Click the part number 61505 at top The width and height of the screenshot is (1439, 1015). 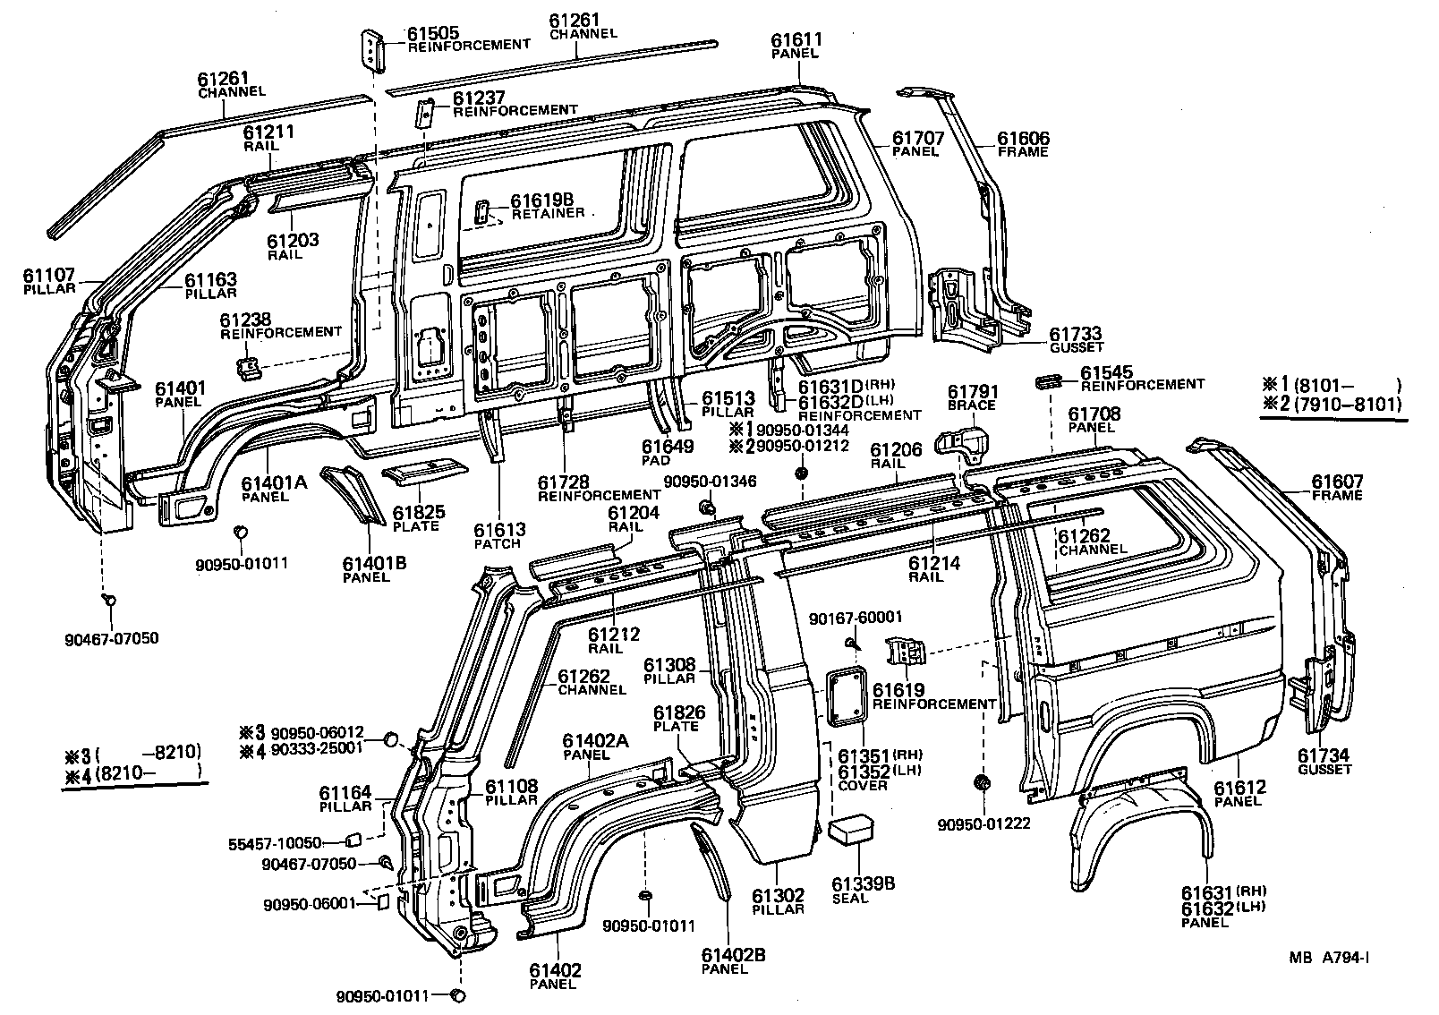pos(434,33)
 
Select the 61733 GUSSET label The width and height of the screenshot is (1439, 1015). pos(1075,339)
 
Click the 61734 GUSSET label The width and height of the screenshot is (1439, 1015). pos(1324,761)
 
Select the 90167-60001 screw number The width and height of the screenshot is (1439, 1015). pos(856,618)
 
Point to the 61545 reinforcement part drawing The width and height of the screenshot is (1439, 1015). pos(1047,382)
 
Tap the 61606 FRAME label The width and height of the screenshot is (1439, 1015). pos(1024,144)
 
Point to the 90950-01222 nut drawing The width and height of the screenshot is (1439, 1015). pos(982,783)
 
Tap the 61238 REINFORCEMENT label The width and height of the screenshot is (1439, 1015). pos(280,324)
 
